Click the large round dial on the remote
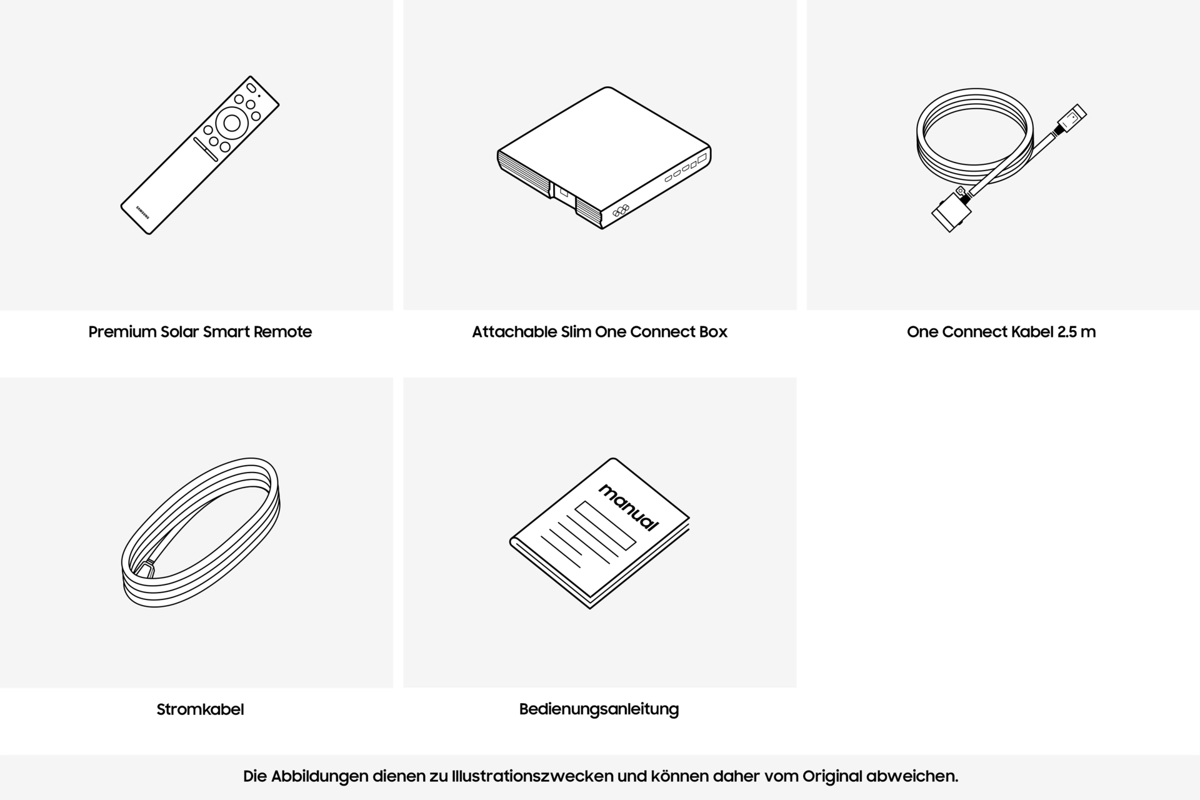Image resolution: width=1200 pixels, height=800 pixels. pos(231,123)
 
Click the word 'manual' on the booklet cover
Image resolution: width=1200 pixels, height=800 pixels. pos(628,507)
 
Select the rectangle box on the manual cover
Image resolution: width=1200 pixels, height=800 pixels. pos(605,525)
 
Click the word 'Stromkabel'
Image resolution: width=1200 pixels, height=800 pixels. pos(200,709)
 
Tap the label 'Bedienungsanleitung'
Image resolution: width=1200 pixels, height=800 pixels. pos(599,709)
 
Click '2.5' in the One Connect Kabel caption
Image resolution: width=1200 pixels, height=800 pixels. pos(1067,332)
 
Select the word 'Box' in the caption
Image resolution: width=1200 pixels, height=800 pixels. pos(713,332)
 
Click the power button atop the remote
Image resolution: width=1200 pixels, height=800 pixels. pos(251,87)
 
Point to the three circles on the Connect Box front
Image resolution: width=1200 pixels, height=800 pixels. pos(620,211)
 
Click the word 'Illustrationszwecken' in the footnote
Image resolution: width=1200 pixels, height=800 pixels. pos(531,776)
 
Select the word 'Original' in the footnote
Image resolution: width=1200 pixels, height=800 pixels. pos(832,776)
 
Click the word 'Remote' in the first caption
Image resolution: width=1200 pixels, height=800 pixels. pos(282,332)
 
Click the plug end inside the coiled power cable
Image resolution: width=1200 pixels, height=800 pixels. pos(146,569)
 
